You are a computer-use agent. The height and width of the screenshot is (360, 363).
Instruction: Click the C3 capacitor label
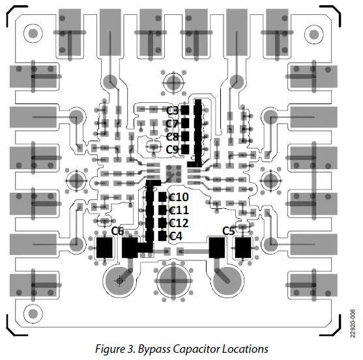[172, 110]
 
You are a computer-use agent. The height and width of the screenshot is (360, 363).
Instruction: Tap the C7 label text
[172, 123]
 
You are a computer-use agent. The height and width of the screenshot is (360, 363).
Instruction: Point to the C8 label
[172, 136]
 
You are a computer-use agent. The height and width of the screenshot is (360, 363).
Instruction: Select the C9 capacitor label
[172, 149]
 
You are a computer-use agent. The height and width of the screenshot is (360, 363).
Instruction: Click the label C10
[179, 197]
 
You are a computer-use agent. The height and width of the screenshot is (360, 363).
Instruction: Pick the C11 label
[179, 210]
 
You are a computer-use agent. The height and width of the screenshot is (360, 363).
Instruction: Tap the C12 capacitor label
[179, 223]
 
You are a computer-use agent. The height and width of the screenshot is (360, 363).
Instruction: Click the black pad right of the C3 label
[185, 110]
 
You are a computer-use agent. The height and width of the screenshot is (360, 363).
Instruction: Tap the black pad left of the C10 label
[162, 197]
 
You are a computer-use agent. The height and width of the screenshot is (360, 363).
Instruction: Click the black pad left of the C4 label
[162, 235]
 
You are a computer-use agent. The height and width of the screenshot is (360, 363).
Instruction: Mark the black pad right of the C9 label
[185, 149]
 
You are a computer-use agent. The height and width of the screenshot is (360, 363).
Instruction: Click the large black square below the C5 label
[243, 247]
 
